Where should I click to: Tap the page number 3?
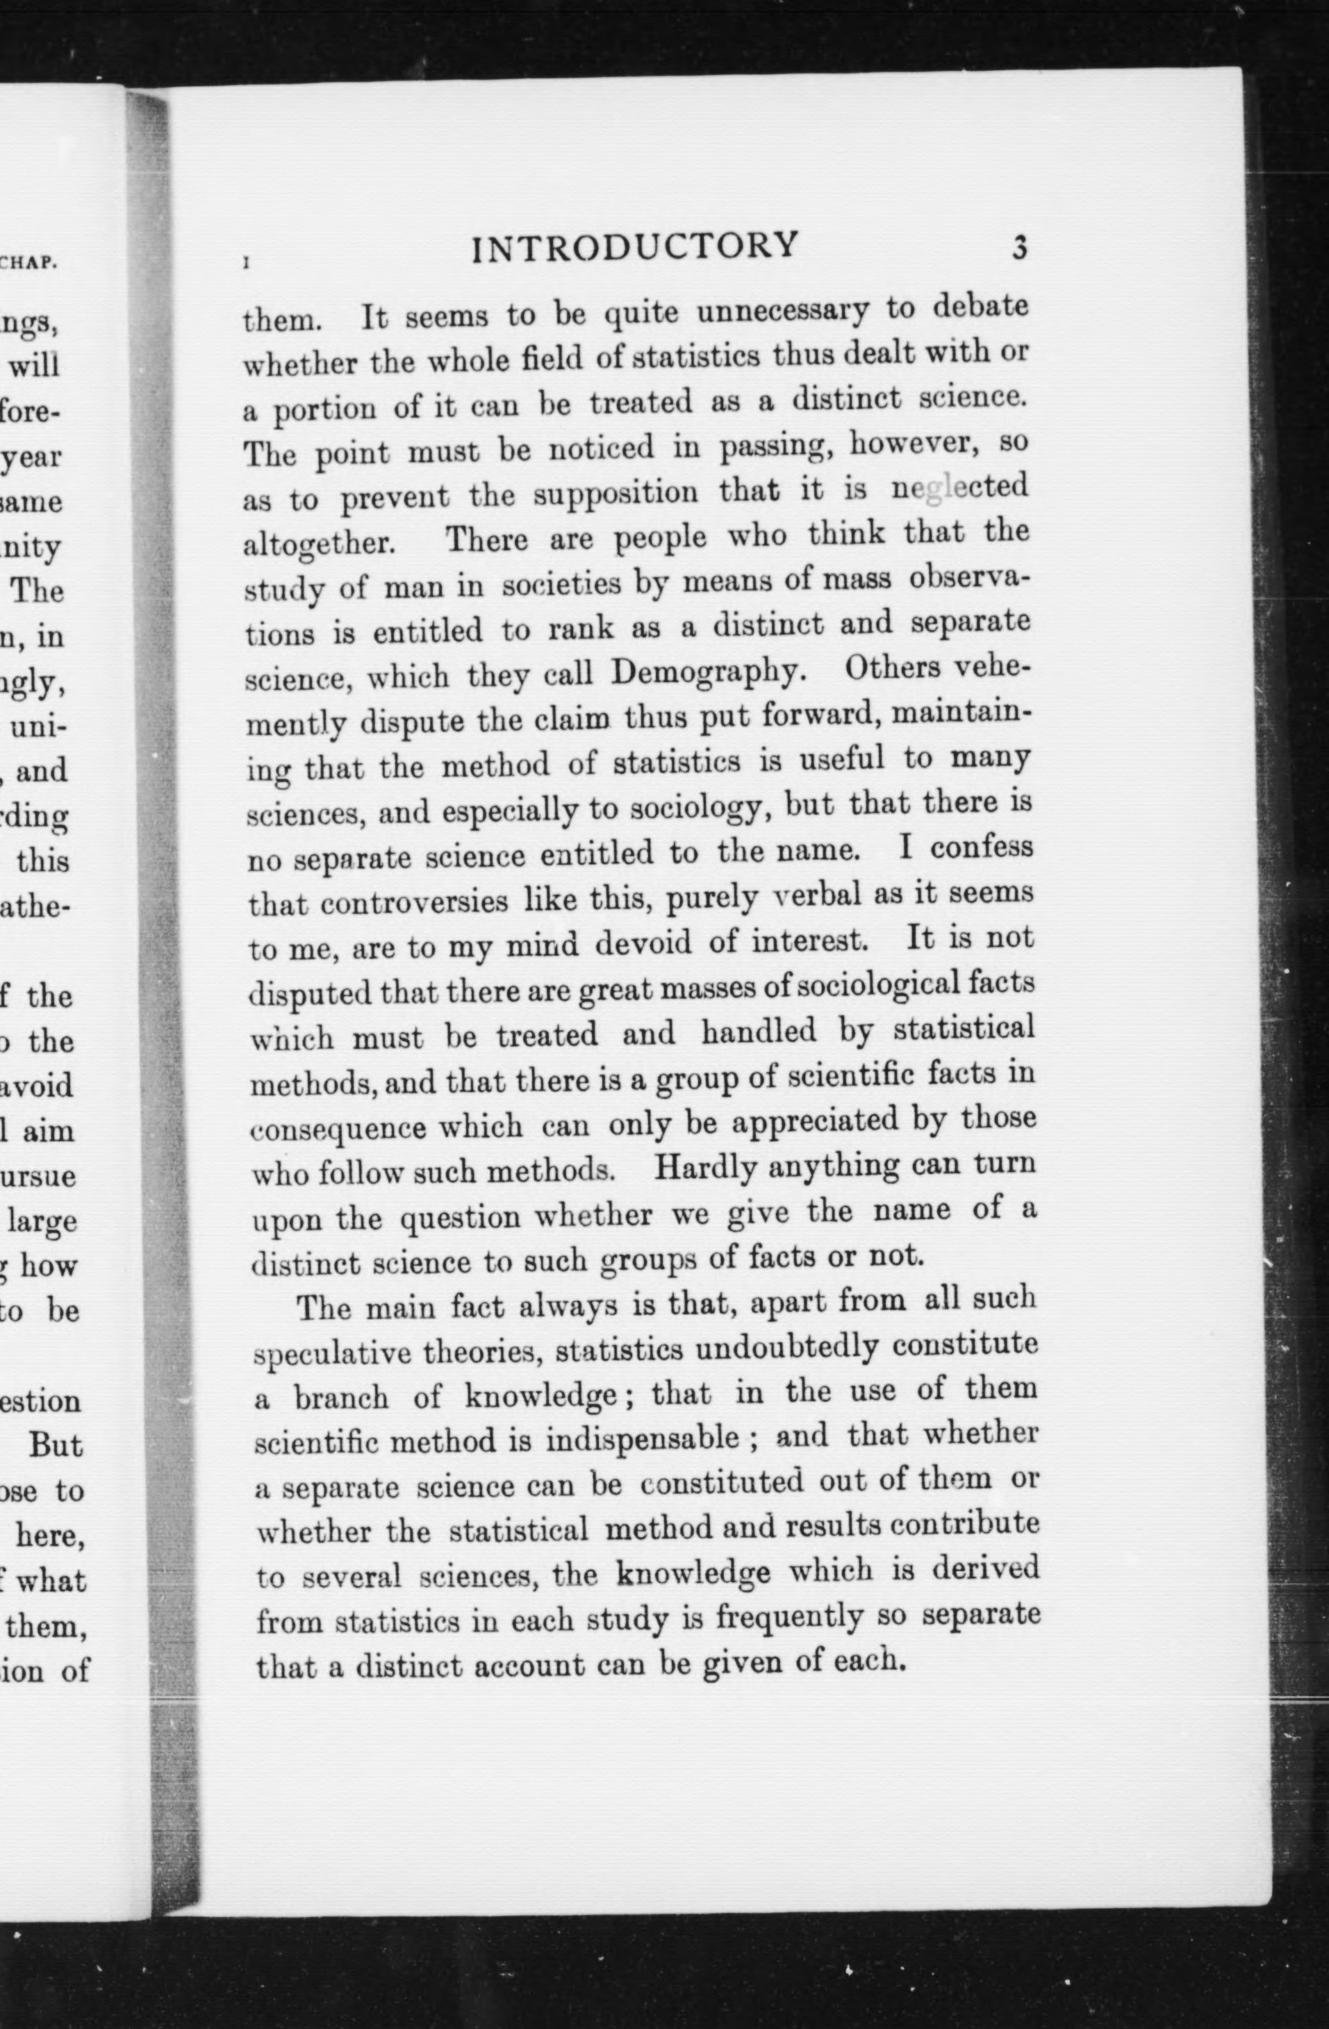click(1018, 248)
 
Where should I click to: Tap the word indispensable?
click(642, 1439)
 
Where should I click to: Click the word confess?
click(981, 848)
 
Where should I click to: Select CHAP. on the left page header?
click(29, 263)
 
